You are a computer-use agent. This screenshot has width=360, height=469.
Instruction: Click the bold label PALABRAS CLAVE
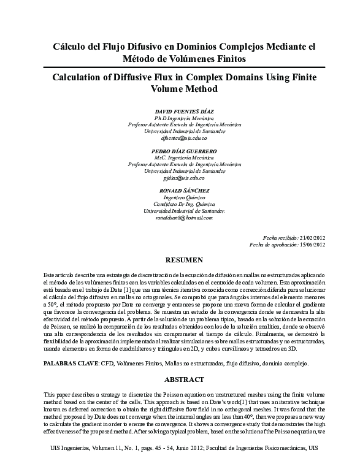(x=71, y=364)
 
